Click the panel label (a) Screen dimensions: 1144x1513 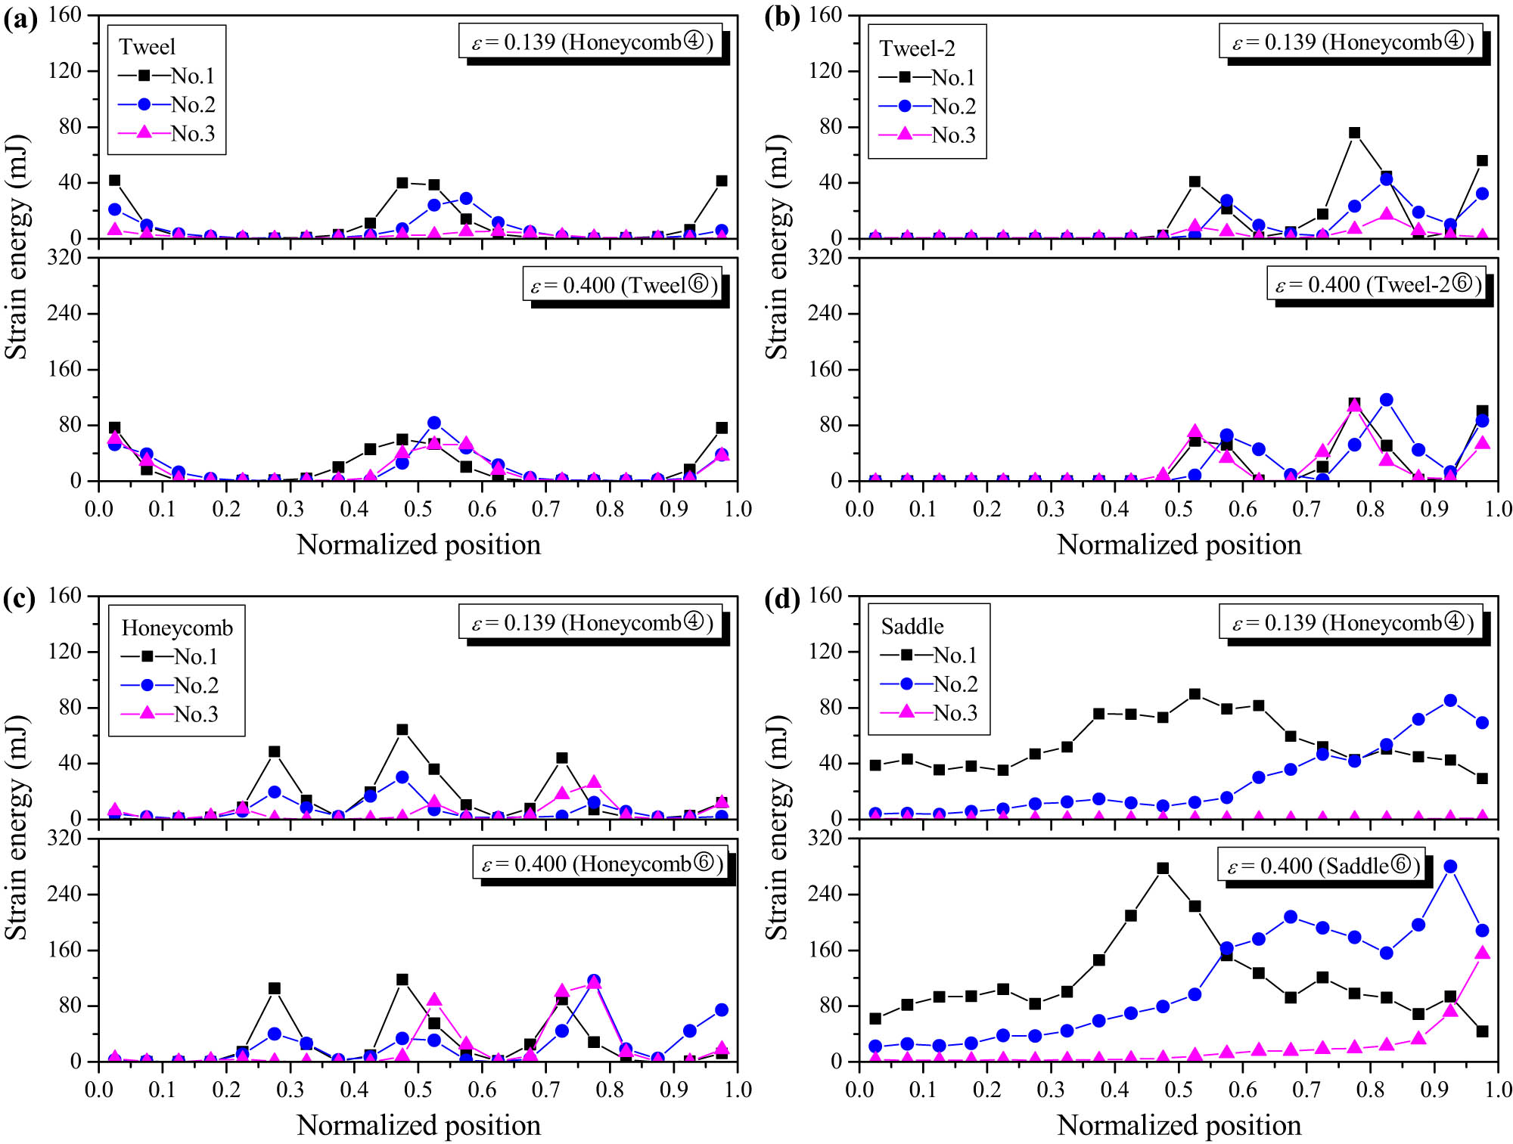tap(20, 18)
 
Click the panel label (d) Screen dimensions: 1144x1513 tap(781, 599)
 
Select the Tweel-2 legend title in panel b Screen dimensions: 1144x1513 tap(917, 49)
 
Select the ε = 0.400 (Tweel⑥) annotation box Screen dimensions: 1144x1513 tap(622, 286)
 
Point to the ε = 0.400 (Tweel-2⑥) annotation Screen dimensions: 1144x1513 tap(1376, 285)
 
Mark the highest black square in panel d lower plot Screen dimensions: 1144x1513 tap(1163, 869)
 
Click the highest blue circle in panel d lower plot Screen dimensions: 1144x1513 tap(1450, 867)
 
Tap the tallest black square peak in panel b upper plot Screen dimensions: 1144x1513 tap(1354, 133)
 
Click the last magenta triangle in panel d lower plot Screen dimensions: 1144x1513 tap(1482, 953)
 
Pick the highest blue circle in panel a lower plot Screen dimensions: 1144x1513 tap(433, 423)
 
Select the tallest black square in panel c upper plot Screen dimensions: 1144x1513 tap(402, 730)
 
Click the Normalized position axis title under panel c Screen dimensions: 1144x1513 tap(418, 1125)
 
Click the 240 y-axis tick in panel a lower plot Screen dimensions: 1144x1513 tap(64, 314)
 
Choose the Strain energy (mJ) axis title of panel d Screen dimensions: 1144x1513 tap(777, 828)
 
